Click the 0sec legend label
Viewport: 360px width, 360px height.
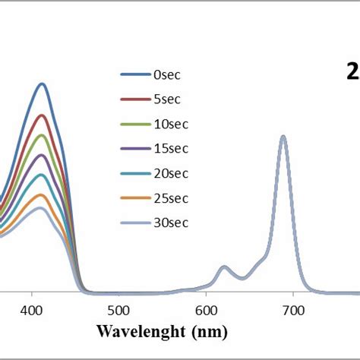click(168, 74)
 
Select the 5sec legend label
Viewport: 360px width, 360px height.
click(168, 99)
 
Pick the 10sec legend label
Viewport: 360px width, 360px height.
click(170, 124)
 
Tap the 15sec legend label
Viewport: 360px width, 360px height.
click(170, 149)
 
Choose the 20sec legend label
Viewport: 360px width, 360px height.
click(170, 173)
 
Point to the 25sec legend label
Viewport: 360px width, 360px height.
click(170, 198)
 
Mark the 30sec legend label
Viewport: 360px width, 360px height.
click(170, 223)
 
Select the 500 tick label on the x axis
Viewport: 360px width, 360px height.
click(118, 311)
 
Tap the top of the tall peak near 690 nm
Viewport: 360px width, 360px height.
click(283, 137)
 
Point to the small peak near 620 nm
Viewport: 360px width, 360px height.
click(223, 267)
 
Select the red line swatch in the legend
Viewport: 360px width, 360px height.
click(134, 99)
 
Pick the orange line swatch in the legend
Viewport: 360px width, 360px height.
click(134, 198)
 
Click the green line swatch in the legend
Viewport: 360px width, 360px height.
click(134, 124)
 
